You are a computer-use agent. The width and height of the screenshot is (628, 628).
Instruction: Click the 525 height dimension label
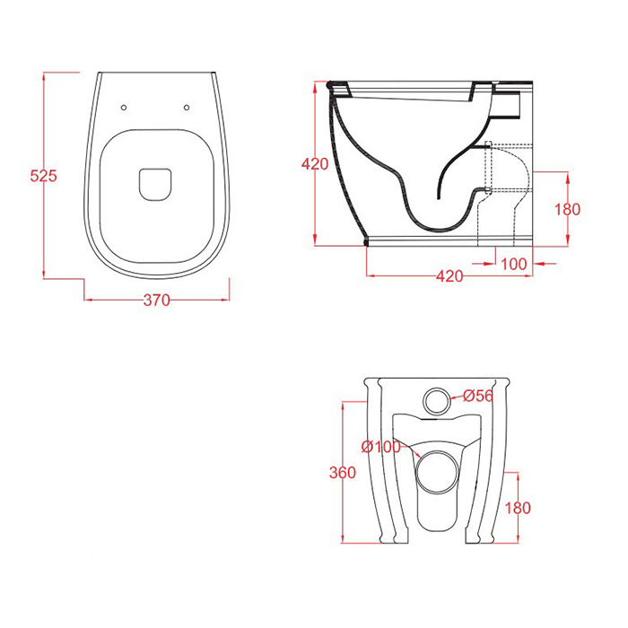pos(44,176)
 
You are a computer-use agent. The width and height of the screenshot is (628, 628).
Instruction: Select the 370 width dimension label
pos(157,300)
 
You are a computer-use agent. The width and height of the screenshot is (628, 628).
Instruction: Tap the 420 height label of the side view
pos(315,164)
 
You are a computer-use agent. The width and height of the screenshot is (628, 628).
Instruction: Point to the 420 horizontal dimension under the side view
pos(449,276)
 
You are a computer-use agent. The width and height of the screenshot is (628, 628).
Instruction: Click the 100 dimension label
pos(514,264)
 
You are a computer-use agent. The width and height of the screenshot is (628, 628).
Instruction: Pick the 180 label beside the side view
pos(567,209)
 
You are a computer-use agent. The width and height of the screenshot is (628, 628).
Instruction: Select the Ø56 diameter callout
pos(478,396)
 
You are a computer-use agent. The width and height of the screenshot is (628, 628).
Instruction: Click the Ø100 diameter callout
pos(380,447)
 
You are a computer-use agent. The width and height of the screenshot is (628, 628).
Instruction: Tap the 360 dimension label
pos(343,473)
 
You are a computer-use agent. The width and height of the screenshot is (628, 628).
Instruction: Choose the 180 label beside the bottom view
pos(518,508)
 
